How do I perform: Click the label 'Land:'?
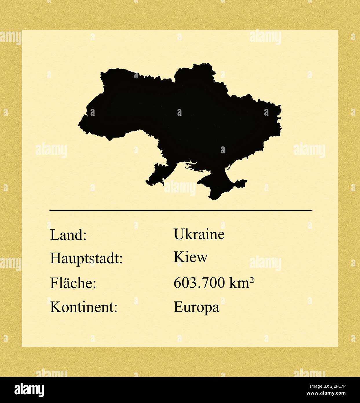pos(68,235)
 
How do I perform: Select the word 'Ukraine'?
pos(199,234)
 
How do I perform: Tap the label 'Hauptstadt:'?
pos(86,258)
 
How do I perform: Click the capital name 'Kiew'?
pos(190,257)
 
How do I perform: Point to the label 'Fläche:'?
pos(73,283)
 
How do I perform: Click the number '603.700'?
pos(199,283)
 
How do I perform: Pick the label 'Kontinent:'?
pos(84,307)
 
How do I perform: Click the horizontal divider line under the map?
pos(181,210)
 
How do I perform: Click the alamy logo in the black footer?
pos(29,390)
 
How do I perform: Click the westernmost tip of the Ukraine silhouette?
pos(80,124)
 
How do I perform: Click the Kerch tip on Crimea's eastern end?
pos(245,182)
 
